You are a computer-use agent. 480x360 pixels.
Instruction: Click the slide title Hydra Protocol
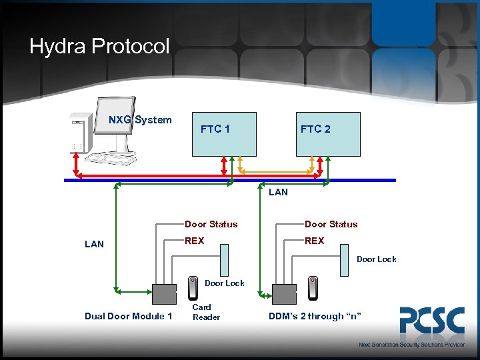pyautogui.click(x=100, y=47)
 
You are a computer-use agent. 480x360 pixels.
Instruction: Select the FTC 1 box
pyautogui.click(x=223, y=133)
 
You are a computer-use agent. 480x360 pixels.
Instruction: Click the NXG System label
pyautogui.click(x=140, y=120)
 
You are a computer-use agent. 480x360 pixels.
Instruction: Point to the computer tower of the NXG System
pyautogui.click(x=79, y=133)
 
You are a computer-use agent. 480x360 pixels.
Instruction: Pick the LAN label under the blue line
pyautogui.click(x=278, y=192)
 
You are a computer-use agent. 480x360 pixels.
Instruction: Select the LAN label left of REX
pyautogui.click(x=94, y=244)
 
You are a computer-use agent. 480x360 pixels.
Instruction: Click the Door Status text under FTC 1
pyautogui.click(x=211, y=224)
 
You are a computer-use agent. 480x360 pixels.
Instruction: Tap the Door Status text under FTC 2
pyautogui.click(x=331, y=224)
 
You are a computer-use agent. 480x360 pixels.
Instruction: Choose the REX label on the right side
pyautogui.click(x=314, y=241)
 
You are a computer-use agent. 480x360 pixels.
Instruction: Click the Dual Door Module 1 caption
pyautogui.click(x=129, y=316)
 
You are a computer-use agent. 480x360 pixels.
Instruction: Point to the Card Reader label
pyautogui.click(x=205, y=312)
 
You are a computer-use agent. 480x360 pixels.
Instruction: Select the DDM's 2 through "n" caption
pyautogui.click(x=315, y=316)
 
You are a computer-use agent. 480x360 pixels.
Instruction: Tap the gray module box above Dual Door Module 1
pyautogui.click(x=164, y=294)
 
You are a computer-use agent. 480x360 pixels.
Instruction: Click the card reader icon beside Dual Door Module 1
pyautogui.click(x=193, y=288)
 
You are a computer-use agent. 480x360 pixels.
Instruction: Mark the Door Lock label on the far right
pyautogui.click(x=376, y=259)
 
